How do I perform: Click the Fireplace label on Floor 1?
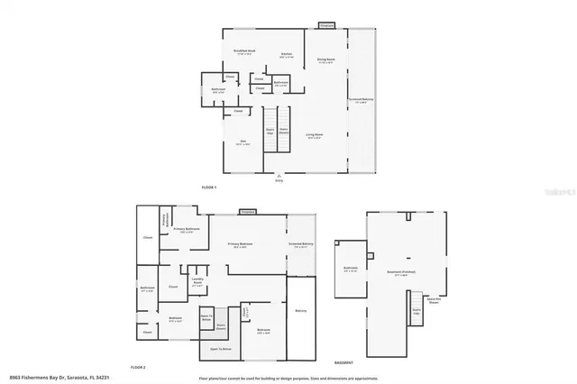point(326,25)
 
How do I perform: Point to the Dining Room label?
point(325,61)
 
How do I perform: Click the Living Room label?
point(313,135)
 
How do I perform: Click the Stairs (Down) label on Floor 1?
point(282,132)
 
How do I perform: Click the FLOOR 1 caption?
point(209,186)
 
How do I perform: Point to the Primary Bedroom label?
point(240,244)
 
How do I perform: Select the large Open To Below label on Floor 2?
point(221,348)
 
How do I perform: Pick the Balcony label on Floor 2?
point(301,311)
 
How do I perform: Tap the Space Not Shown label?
point(433,303)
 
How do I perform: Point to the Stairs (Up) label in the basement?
point(416,311)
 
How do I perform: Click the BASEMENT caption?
point(343,361)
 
